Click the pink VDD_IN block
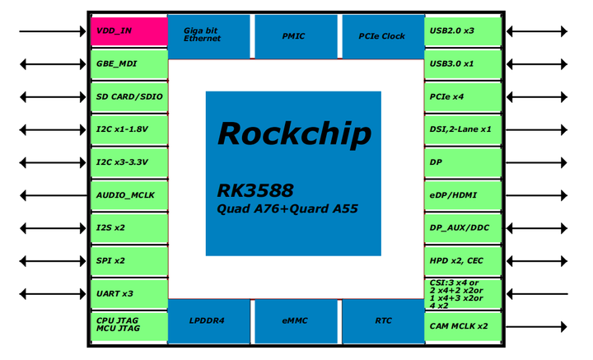128,30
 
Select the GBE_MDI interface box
128,63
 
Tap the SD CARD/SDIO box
128,96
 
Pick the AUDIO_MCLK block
128,195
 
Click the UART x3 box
128,293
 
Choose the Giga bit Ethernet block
209,36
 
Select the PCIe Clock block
381,36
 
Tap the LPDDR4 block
209,320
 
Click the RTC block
381,320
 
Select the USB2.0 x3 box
464,30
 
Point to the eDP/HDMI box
464,195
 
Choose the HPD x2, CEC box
464,260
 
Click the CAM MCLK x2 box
464,326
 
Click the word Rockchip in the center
293,133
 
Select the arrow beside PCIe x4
537,97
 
